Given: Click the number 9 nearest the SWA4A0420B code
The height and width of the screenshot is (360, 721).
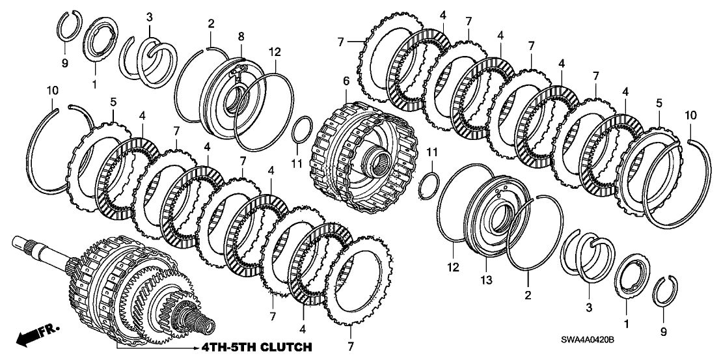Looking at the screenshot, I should (x=663, y=331).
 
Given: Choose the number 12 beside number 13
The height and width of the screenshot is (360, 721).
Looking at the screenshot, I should (x=453, y=266).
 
